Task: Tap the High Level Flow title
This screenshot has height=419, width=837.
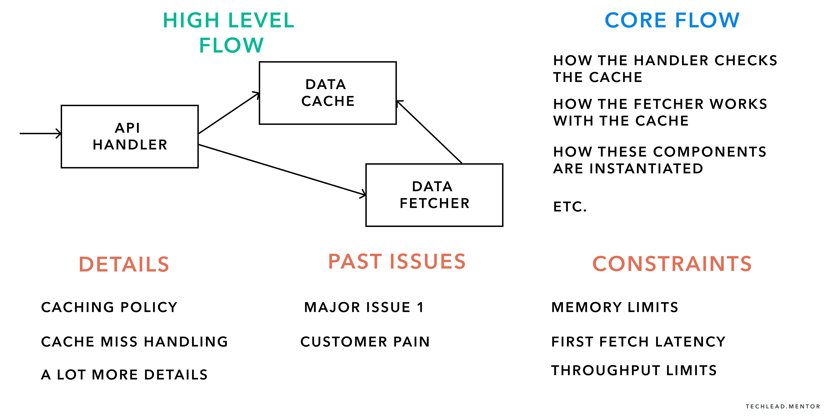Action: (x=229, y=33)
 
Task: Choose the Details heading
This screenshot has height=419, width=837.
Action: (x=124, y=264)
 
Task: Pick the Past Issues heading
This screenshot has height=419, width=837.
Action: (x=397, y=262)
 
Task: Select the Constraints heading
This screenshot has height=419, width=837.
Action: (x=672, y=264)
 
